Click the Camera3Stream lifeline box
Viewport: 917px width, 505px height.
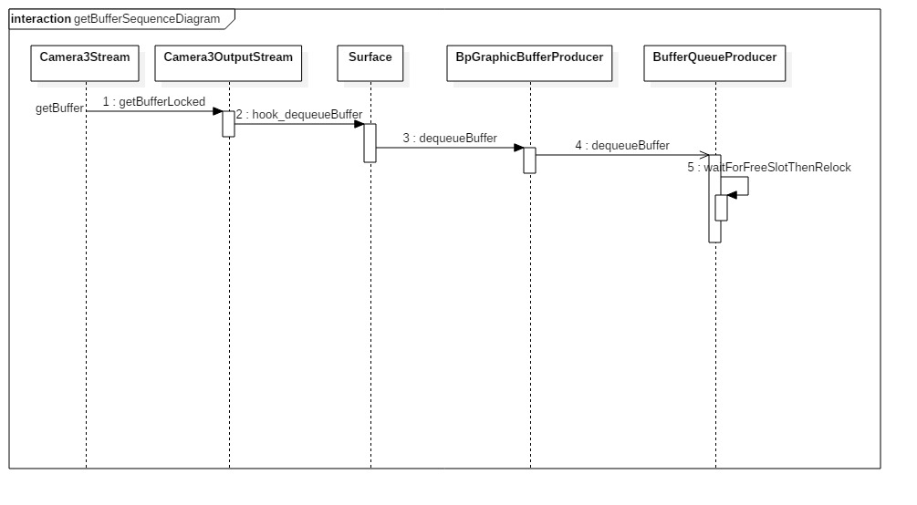coord(85,57)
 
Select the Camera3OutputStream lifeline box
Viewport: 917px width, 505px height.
coord(228,57)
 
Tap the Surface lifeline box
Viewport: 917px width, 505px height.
coord(370,57)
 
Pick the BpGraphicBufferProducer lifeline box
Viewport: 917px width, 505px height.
coord(529,57)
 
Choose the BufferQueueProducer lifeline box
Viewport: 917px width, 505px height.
coord(714,57)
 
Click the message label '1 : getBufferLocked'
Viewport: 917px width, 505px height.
coord(153,102)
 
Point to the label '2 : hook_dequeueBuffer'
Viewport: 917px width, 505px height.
coord(298,115)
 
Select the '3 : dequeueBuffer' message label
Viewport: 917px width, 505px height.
coord(450,139)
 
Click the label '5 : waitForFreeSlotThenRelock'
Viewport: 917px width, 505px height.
coord(769,168)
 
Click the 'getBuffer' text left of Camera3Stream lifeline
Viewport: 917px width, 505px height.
coord(59,108)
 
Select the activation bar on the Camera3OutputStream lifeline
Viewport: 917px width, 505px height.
coord(229,123)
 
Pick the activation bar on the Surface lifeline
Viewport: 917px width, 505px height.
coord(370,142)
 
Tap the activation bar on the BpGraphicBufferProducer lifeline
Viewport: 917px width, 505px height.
coord(529,160)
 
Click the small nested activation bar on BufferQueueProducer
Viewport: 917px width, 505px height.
coord(721,207)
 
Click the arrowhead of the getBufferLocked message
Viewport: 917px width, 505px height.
coord(219,111)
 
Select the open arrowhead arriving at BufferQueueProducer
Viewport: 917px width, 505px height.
coord(704,155)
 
